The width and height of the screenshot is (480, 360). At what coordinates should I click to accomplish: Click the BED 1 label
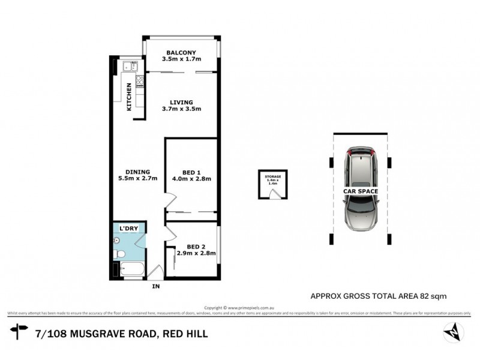tap(191, 170)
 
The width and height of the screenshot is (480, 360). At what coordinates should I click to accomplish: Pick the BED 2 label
tap(196, 246)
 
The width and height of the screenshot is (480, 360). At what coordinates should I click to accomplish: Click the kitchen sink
tap(128, 67)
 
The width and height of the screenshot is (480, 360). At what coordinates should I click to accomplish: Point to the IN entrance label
tap(157, 286)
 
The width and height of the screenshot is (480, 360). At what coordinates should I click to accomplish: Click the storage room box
tap(274, 185)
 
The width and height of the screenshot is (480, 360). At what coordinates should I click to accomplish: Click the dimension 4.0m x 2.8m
tap(191, 178)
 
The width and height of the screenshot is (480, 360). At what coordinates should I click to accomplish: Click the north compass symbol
tap(454, 331)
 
